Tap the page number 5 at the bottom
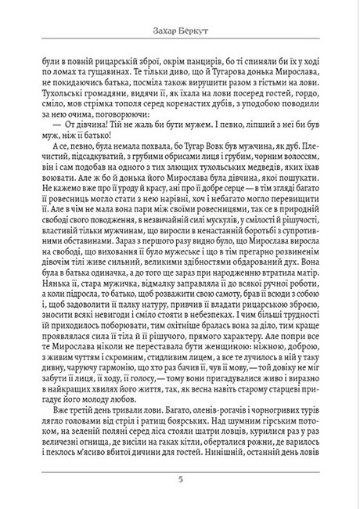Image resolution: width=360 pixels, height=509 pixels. point(180,480)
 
